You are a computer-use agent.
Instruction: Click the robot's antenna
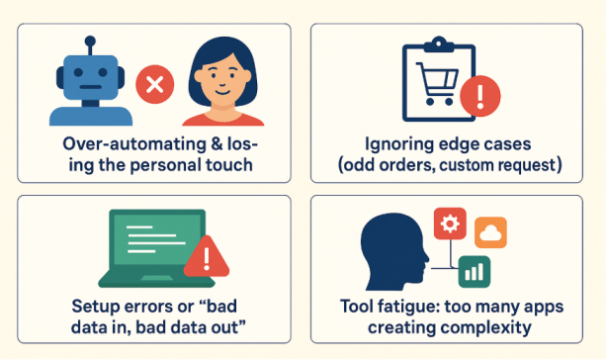click(90, 45)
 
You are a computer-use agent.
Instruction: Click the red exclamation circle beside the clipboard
click(481, 96)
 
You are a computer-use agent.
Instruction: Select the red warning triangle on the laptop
click(205, 259)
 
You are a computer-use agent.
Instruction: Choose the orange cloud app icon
click(490, 233)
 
